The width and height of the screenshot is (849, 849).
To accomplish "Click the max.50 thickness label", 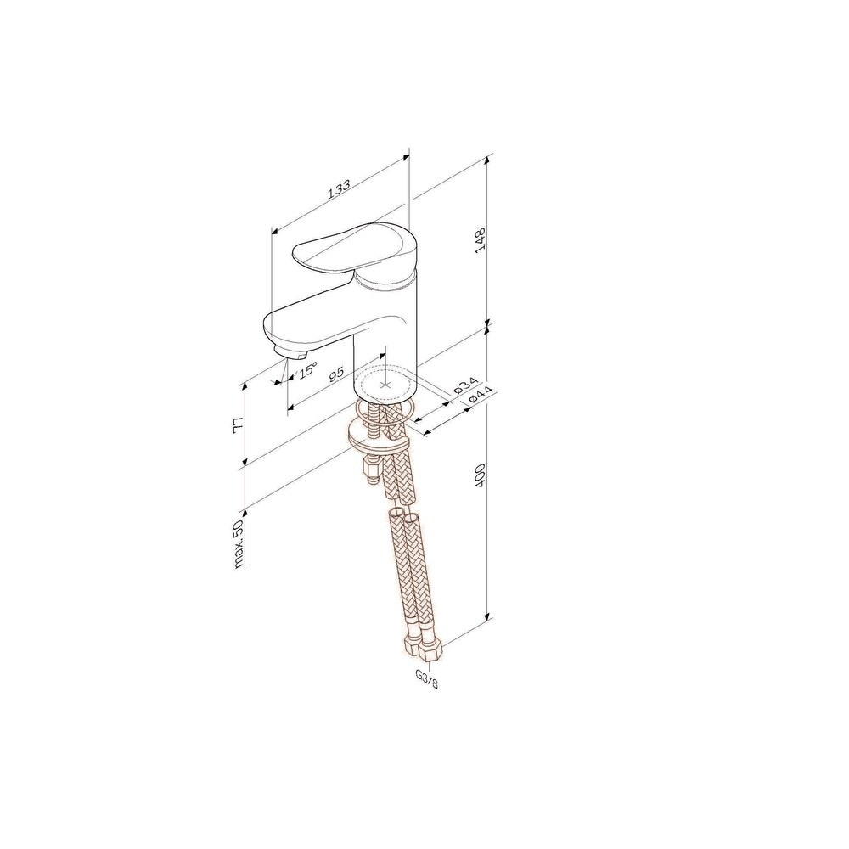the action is (x=239, y=539).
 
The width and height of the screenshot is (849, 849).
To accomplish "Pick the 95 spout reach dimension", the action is (x=337, y=374).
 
